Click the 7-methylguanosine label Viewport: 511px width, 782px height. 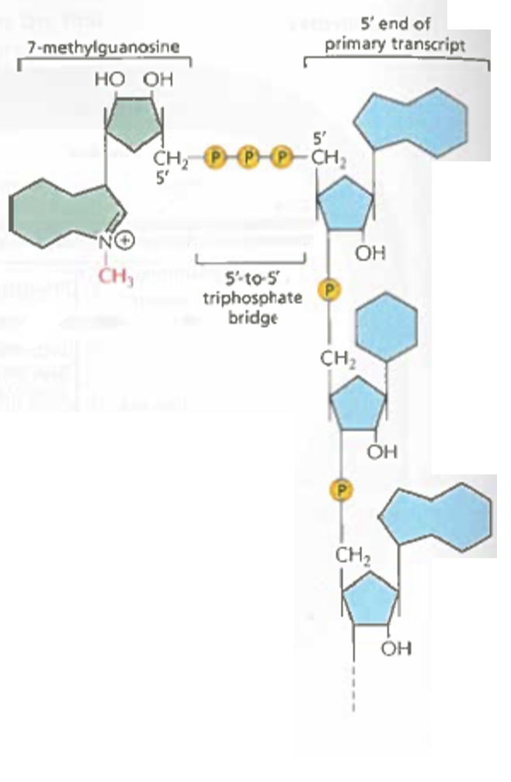[103, 47]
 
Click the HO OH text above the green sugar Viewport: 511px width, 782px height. [134, 80]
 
